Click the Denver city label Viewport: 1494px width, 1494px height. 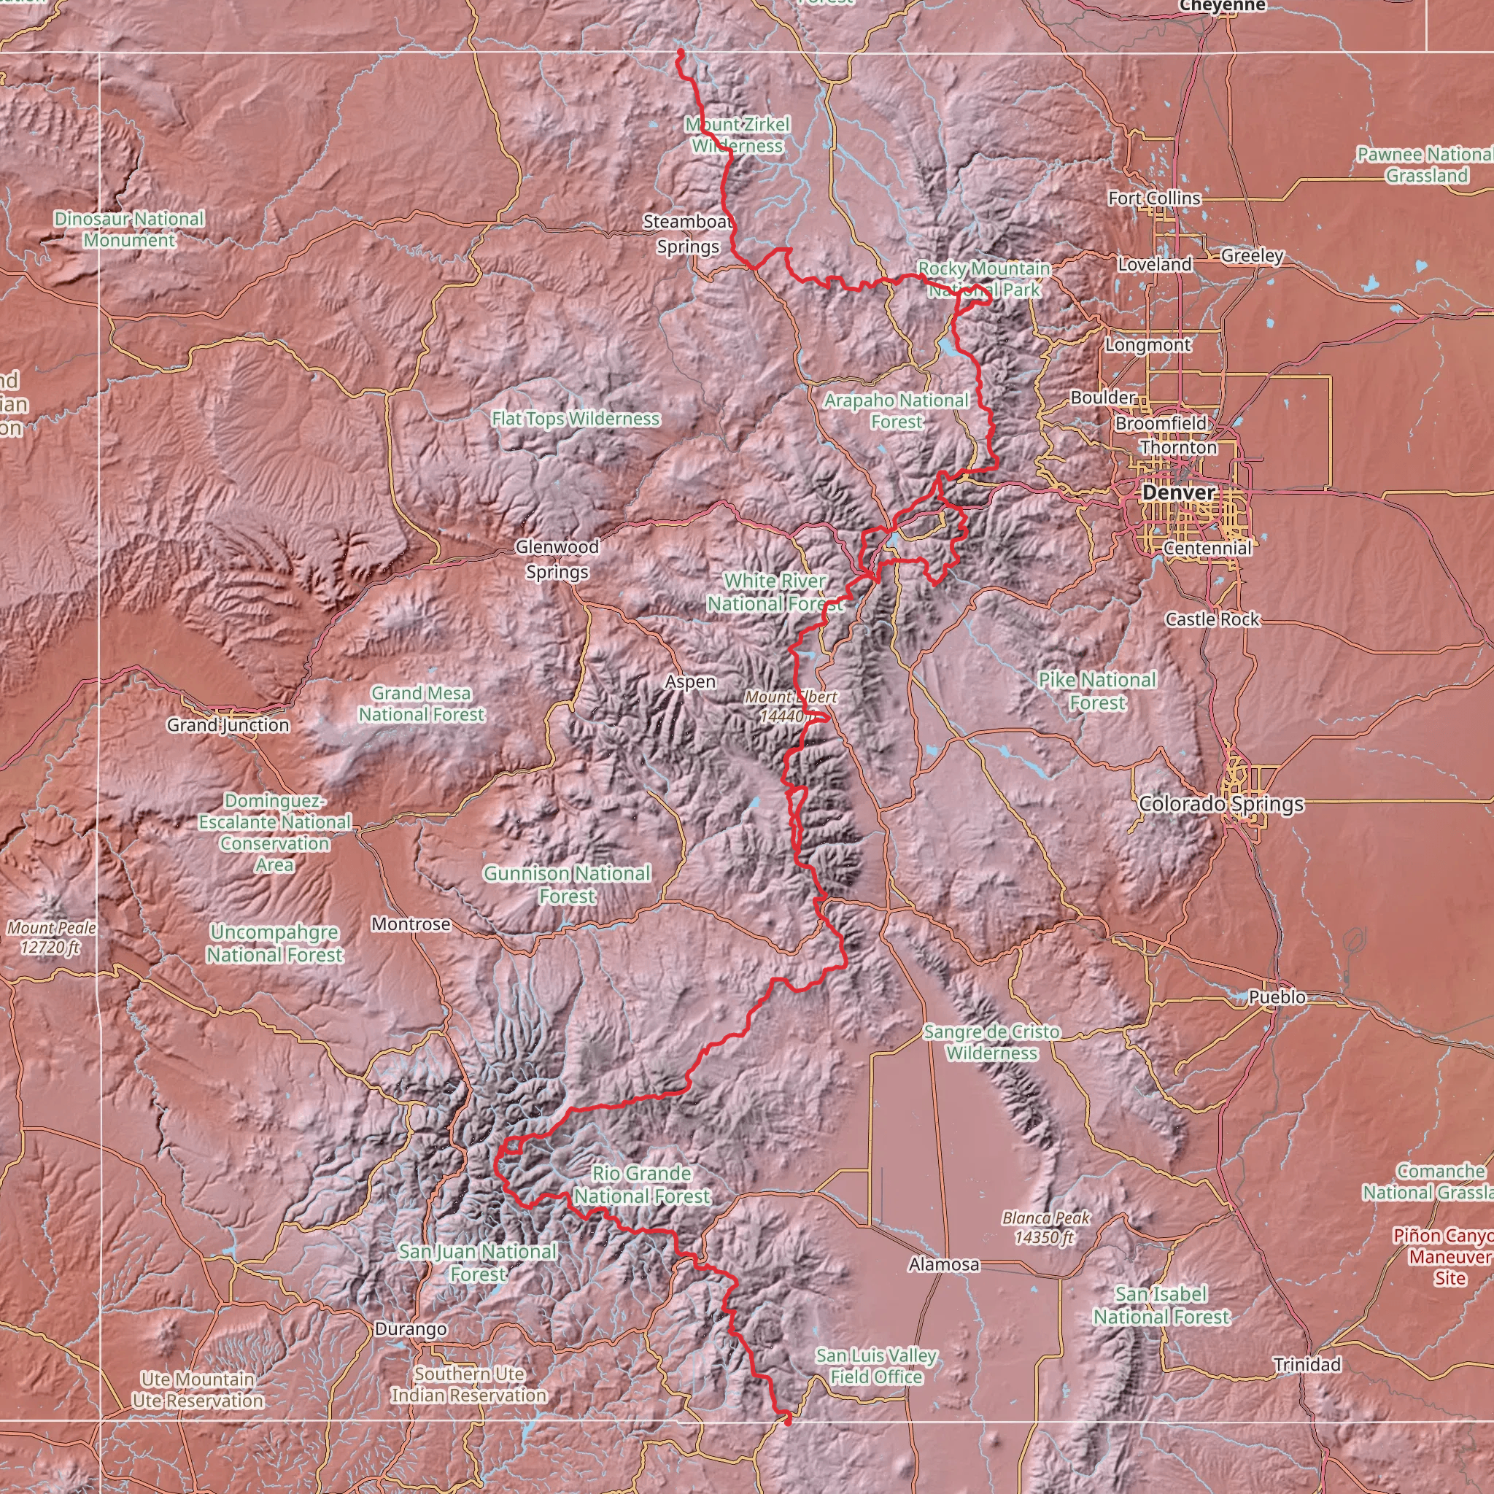tap(1179, 492)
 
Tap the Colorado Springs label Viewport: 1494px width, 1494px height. tap(1221, 804)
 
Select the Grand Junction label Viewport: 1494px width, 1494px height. tap(228, 725)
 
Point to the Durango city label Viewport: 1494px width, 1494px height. tap(411, 1329)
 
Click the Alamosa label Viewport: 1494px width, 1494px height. tap(944, 1264)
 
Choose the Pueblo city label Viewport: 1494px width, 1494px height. tap(1277, 997)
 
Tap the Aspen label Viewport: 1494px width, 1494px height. tap(691, 682)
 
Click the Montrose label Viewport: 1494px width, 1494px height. tap(411, 924)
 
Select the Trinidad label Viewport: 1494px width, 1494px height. tap(1307, 1365)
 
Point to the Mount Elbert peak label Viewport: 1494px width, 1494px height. tap(790, 706)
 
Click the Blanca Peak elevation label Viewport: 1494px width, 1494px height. tap(1045, 1228)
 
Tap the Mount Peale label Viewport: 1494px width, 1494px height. tap(52, 937)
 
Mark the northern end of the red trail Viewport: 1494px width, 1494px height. tap(681, 53)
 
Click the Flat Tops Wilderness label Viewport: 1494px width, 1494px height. tap(576, 419)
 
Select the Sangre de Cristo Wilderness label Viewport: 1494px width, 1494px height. tap(992, 1042)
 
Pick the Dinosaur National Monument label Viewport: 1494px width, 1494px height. tap(129, 230)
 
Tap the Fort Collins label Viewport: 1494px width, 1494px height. tap(1154, 198)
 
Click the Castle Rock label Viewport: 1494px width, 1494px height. tap(1212, 619)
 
